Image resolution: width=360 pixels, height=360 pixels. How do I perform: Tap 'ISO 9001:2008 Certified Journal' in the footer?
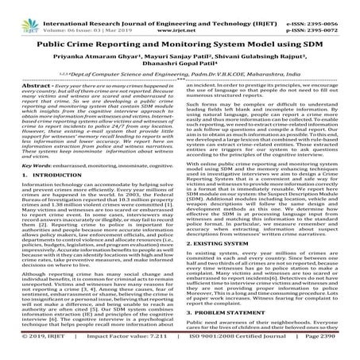[230, 350]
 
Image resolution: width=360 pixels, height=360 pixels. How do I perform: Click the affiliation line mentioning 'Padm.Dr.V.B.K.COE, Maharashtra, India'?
[180, 83]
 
